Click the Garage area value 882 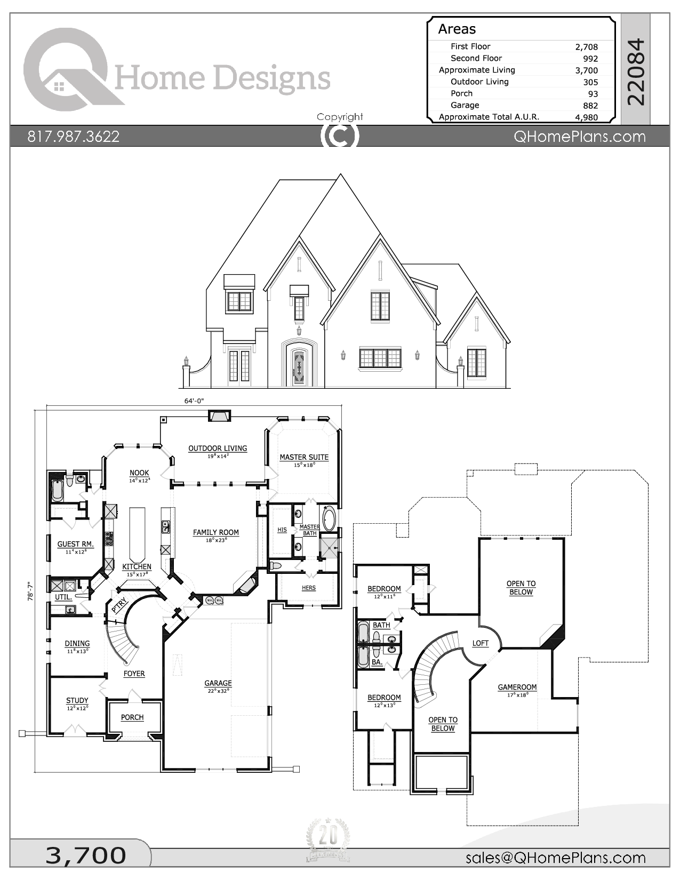point(590,106)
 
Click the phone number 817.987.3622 point(74,137)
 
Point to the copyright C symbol point(339,135)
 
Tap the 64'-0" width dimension point(194,401)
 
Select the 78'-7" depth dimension point(30,591)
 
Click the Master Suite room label point(304,457)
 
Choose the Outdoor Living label point(218,449)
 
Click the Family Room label point(216,532)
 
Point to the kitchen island point(137,533)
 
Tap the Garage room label point(218,683)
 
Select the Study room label point(77,700)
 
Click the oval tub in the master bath point(329,518)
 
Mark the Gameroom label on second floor point(517,687)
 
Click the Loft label point(480,643)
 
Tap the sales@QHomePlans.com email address point(555,858)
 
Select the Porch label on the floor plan point(132,717)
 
